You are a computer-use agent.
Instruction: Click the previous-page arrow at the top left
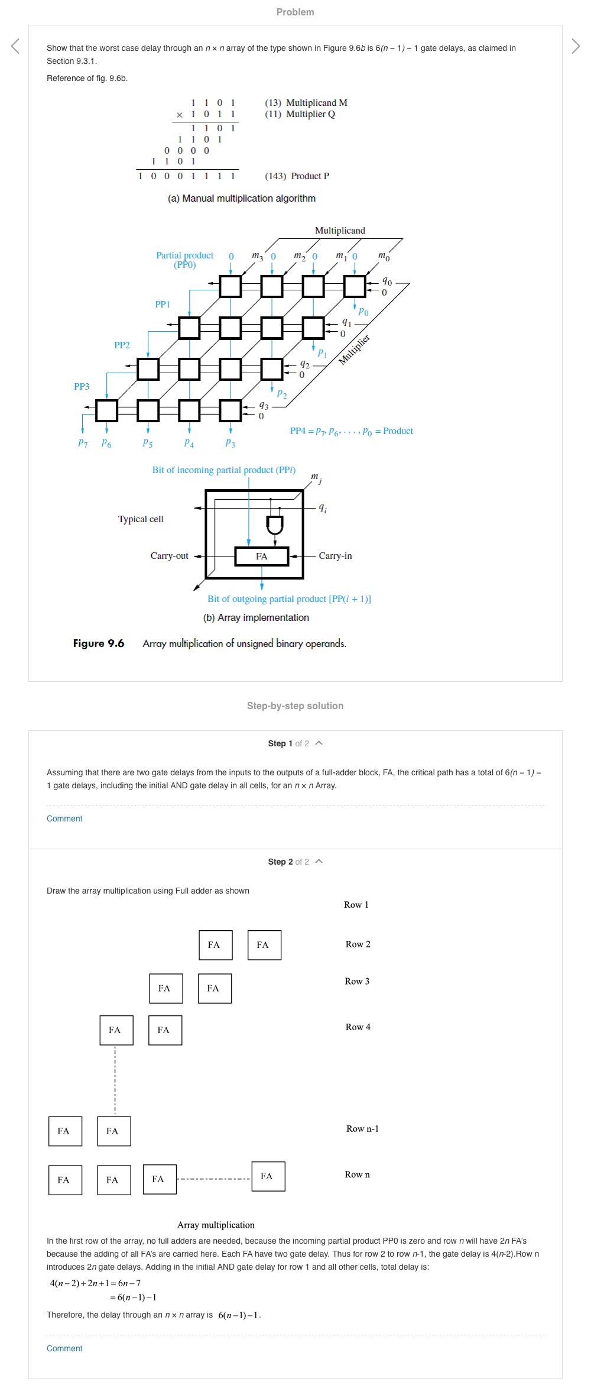(15, 46)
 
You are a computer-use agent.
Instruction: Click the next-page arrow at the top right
(576, 46)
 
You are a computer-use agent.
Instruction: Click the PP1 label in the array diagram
(163, 305)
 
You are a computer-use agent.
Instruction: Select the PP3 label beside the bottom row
(82, 387)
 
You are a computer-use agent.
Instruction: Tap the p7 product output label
(83, 443)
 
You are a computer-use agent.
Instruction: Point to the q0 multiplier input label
(387, 281)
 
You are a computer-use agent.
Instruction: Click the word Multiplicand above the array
(340, 231)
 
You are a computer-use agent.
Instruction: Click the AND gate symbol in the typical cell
(275, 525)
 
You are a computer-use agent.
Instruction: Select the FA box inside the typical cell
(262, 556)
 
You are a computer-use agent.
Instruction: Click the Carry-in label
(335, 556)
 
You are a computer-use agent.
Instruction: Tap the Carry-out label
(170, 556)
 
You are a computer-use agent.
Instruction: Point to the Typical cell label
(141, 519)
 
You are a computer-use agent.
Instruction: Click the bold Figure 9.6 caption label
(99, 643)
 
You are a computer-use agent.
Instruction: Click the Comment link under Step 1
(64, 818)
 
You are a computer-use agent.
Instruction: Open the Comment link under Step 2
(64, 1348)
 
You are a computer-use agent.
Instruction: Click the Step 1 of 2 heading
(288, 743)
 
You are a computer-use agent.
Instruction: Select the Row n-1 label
(362, 1129)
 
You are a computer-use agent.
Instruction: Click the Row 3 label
(357, 981)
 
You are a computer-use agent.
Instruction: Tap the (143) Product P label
(297, 176)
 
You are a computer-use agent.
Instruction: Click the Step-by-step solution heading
(295, 706)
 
